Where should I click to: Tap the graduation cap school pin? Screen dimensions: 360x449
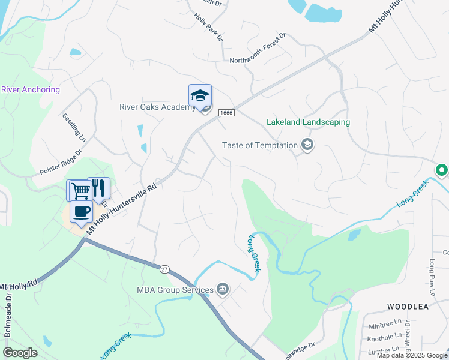[x=200, y=95]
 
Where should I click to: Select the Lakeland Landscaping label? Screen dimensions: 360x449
[x=308, y=122]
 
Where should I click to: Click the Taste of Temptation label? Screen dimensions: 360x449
[x=260, y=145]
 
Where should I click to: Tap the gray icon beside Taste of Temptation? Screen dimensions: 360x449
[x=307, y=145]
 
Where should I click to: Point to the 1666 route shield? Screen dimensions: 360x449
[x=226, y=112]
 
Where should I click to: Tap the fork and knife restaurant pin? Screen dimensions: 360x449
[x=99, y=188]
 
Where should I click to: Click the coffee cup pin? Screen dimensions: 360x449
[x=81, y=211]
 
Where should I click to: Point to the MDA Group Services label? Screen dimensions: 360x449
[x=175, y=290]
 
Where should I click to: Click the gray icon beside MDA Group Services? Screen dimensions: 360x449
[x=223, y=290]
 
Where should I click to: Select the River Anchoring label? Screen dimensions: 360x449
[x=31, y=90]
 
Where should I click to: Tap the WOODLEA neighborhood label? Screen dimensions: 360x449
[x=408, y=306]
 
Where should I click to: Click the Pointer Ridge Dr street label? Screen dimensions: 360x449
[x=60, y=162]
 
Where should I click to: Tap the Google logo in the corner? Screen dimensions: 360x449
[x=20, y=352]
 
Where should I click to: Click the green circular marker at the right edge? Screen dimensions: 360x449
[x=442, y=170]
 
